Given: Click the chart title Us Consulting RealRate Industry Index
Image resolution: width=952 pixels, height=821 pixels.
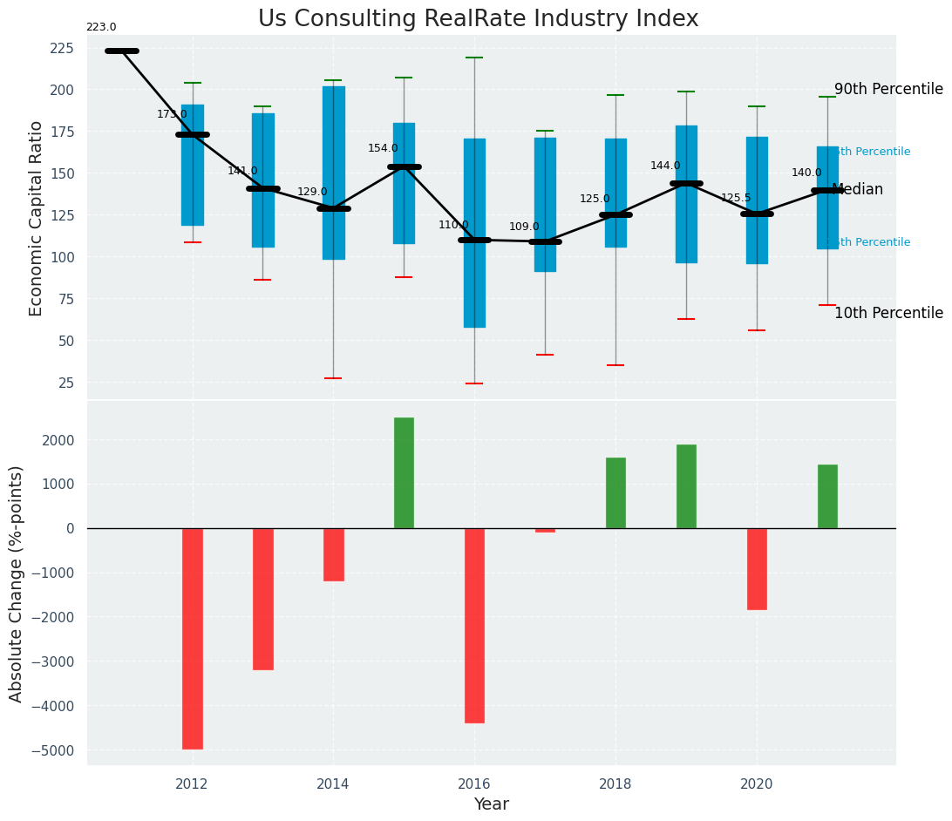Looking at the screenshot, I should (478, 19).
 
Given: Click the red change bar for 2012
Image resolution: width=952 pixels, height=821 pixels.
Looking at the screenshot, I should (193, 638).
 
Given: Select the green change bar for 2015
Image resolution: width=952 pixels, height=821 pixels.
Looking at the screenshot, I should (404, 472).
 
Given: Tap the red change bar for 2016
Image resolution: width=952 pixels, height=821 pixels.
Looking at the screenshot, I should (474, 625).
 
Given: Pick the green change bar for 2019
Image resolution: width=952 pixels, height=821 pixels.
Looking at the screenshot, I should (686, 486).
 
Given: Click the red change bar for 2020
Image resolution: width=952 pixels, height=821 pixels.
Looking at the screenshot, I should (757, 568).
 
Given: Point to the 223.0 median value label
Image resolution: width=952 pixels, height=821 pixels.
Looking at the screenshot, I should (101, 27).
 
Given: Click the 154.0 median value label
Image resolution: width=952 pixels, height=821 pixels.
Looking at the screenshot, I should (383, 148).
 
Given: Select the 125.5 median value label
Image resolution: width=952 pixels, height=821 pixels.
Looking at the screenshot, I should (736, 198).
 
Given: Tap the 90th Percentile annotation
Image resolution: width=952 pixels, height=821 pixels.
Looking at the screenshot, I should (888, 89).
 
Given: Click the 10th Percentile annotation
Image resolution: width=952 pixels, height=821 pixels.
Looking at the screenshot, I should (888, 313).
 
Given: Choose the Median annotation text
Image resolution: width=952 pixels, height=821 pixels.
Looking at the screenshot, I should (858, 189).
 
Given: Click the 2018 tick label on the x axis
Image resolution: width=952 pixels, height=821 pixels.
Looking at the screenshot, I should (615, 784).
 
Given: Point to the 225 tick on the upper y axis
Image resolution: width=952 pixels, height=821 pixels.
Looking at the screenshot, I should (61, 48).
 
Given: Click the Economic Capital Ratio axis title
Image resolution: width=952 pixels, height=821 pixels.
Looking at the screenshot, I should (37, 218).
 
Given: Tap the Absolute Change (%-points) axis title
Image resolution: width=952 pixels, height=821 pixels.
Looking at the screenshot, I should (17, 583).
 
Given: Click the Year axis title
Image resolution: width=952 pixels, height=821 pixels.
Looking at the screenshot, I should (491, 804).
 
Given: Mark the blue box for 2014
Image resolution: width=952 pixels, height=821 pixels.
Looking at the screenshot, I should (333, 173).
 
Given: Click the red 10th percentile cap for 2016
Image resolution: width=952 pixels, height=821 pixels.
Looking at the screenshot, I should (474, 383).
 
